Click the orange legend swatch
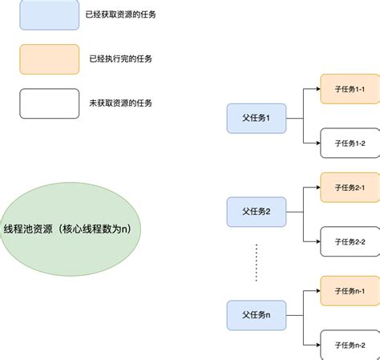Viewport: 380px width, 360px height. coord(49,59)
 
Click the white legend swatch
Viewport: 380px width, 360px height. coord(49,103)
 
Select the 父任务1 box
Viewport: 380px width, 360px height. coord(257,118)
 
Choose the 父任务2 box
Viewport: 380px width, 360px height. coord(257,212)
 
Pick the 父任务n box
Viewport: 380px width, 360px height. coord(257,314)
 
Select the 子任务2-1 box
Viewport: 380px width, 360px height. coord(350,187)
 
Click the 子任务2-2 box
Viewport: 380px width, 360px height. coord(350,241)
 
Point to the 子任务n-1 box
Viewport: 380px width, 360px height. coord(350,289)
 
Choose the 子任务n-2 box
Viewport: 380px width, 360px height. coord(350,344)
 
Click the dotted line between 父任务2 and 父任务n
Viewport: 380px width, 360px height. coord(257,261)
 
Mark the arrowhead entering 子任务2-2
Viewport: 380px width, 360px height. coord(317,241)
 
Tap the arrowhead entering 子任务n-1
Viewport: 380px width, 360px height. coord(317,289)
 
